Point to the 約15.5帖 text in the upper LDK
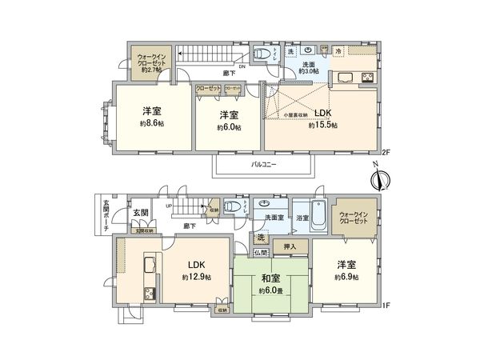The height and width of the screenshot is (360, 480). pyautogui.click(x=323, y=125)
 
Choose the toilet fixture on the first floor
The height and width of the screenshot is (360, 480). pyautogui.click(x=232, y=206)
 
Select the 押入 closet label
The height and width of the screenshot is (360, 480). pyautogui.click(x=289, y=247)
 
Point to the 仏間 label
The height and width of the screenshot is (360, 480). pyautogui.click(x=261, y=252)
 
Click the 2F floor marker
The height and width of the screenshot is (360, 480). pyautogui.click(x=385, y=152)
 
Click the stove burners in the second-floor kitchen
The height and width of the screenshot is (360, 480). pyautogui.click(x=368, y=78)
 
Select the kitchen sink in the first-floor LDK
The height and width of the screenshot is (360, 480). pyautogui.click(x=150, y=266)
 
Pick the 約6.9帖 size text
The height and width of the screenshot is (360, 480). pyautogui.click(x=346, y=277)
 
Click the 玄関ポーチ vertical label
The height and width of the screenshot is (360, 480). pyautogui.click(x=106, y=215)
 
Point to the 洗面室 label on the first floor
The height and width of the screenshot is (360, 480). pyautogui.click(x=268, y=216)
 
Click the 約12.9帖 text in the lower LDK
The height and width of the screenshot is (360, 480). pyautogui.click(x=197, y=277)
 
